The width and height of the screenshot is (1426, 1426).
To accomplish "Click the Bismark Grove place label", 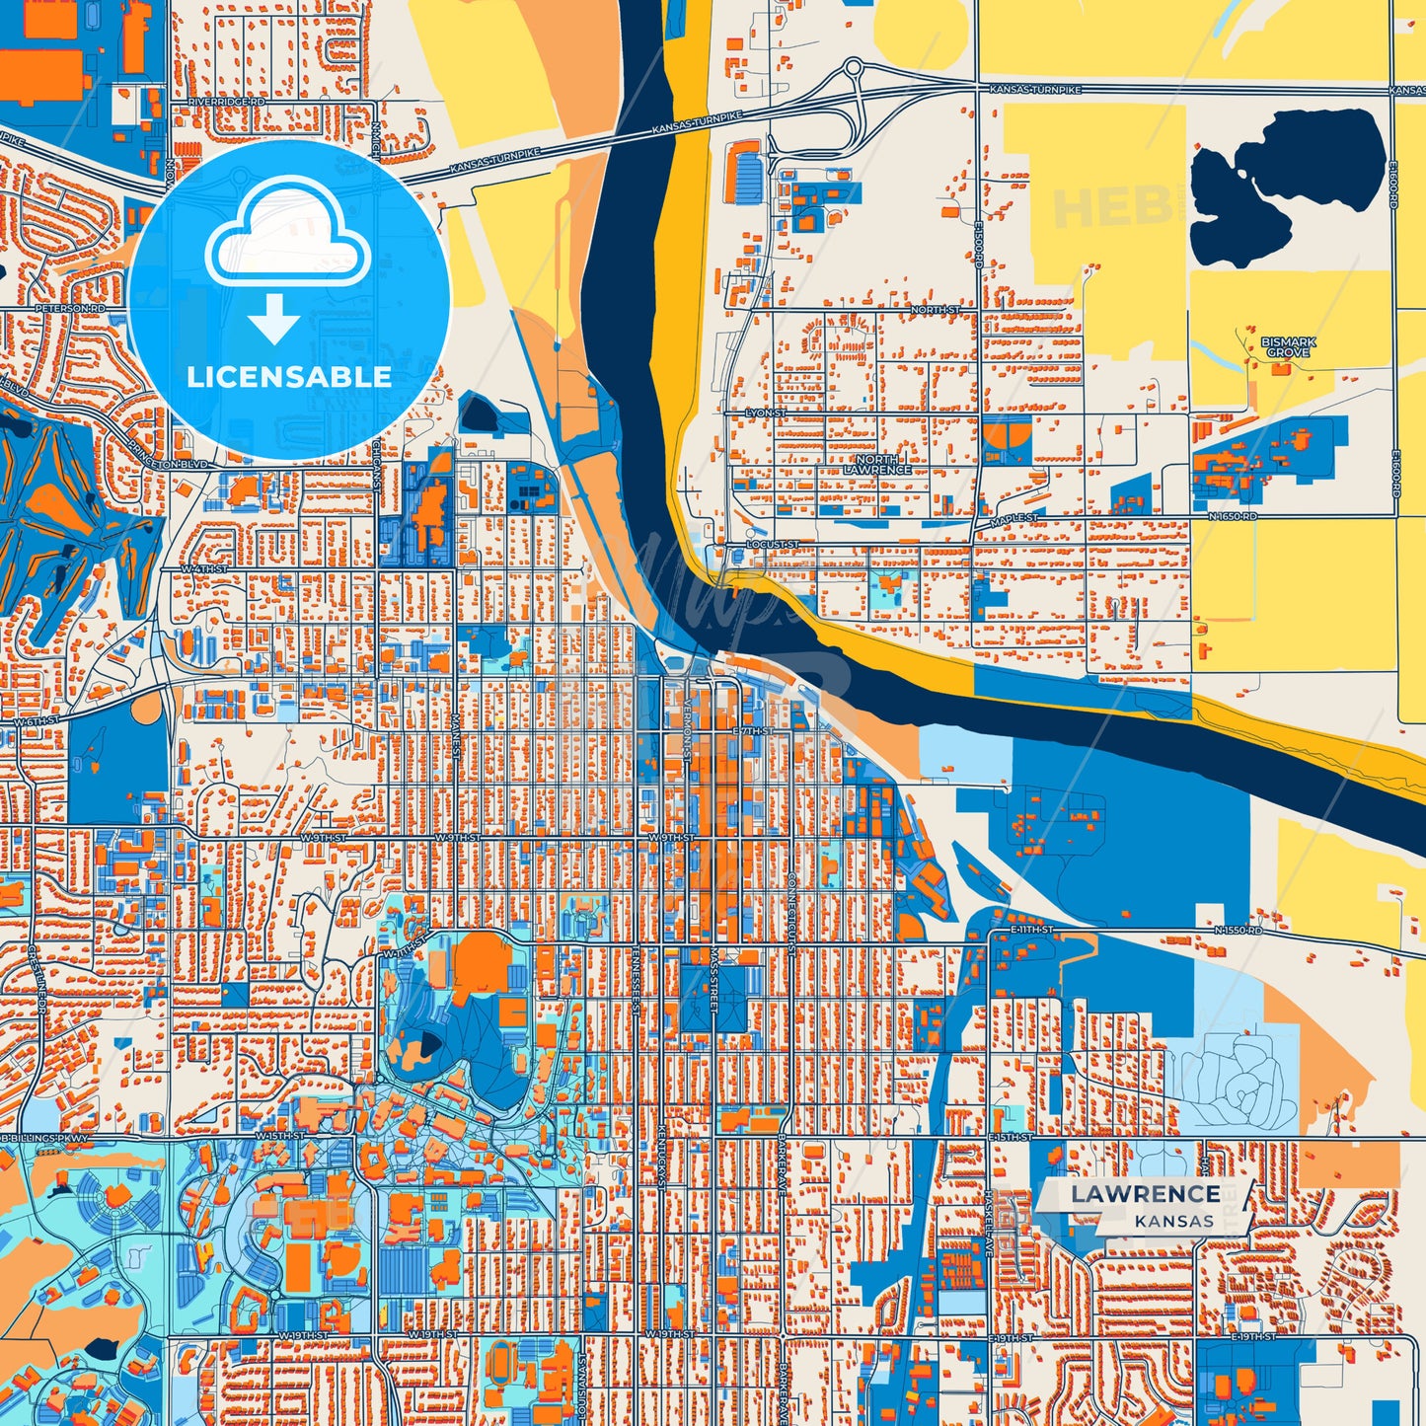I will [x=1288, y=347].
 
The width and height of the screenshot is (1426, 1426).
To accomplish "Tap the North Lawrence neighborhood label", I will [x=876, y=465].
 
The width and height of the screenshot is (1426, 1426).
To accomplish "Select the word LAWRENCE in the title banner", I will [x=1145, y=1194].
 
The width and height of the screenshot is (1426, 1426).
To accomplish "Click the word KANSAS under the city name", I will [x=1173, y=1221].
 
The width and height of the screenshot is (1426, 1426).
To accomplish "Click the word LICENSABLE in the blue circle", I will [x=289, y=377].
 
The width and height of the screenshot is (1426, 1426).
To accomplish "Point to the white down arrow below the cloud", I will [x=273, y=318].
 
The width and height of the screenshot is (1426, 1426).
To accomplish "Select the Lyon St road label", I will [x=766, y=413].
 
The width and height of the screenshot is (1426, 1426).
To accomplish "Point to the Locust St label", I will [x=772, y=544].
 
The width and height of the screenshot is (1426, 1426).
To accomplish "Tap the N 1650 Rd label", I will [x=1234, y=516].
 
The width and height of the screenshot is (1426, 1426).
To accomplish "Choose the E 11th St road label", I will [x=1031, y=930].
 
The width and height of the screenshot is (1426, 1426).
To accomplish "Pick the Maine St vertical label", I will [x=456, y=737].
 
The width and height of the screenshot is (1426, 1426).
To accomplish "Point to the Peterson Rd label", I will [x=69, y=309].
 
